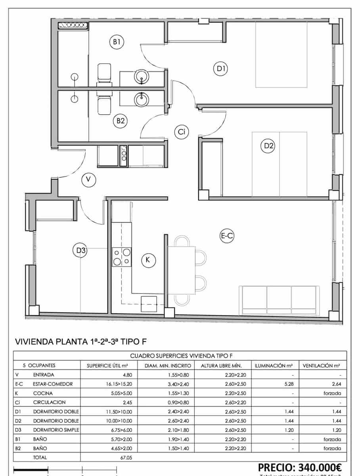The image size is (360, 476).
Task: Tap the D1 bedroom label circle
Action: tap(221, 69)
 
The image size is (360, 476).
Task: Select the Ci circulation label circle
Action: tap(181, 132)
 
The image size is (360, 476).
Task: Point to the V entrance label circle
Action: tap(88, 180)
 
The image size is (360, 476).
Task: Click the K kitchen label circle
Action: tap(148, 260)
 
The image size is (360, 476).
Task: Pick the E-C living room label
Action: tap(227, 236)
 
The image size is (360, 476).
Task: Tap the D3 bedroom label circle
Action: tap(80, 250)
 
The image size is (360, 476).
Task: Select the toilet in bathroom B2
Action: tap(105, 105)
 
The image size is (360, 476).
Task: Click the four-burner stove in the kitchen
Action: tap(122, 256)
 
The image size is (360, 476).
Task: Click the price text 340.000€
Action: tap(300, 467)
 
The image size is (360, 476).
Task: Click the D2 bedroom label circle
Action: tap(269, 146)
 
